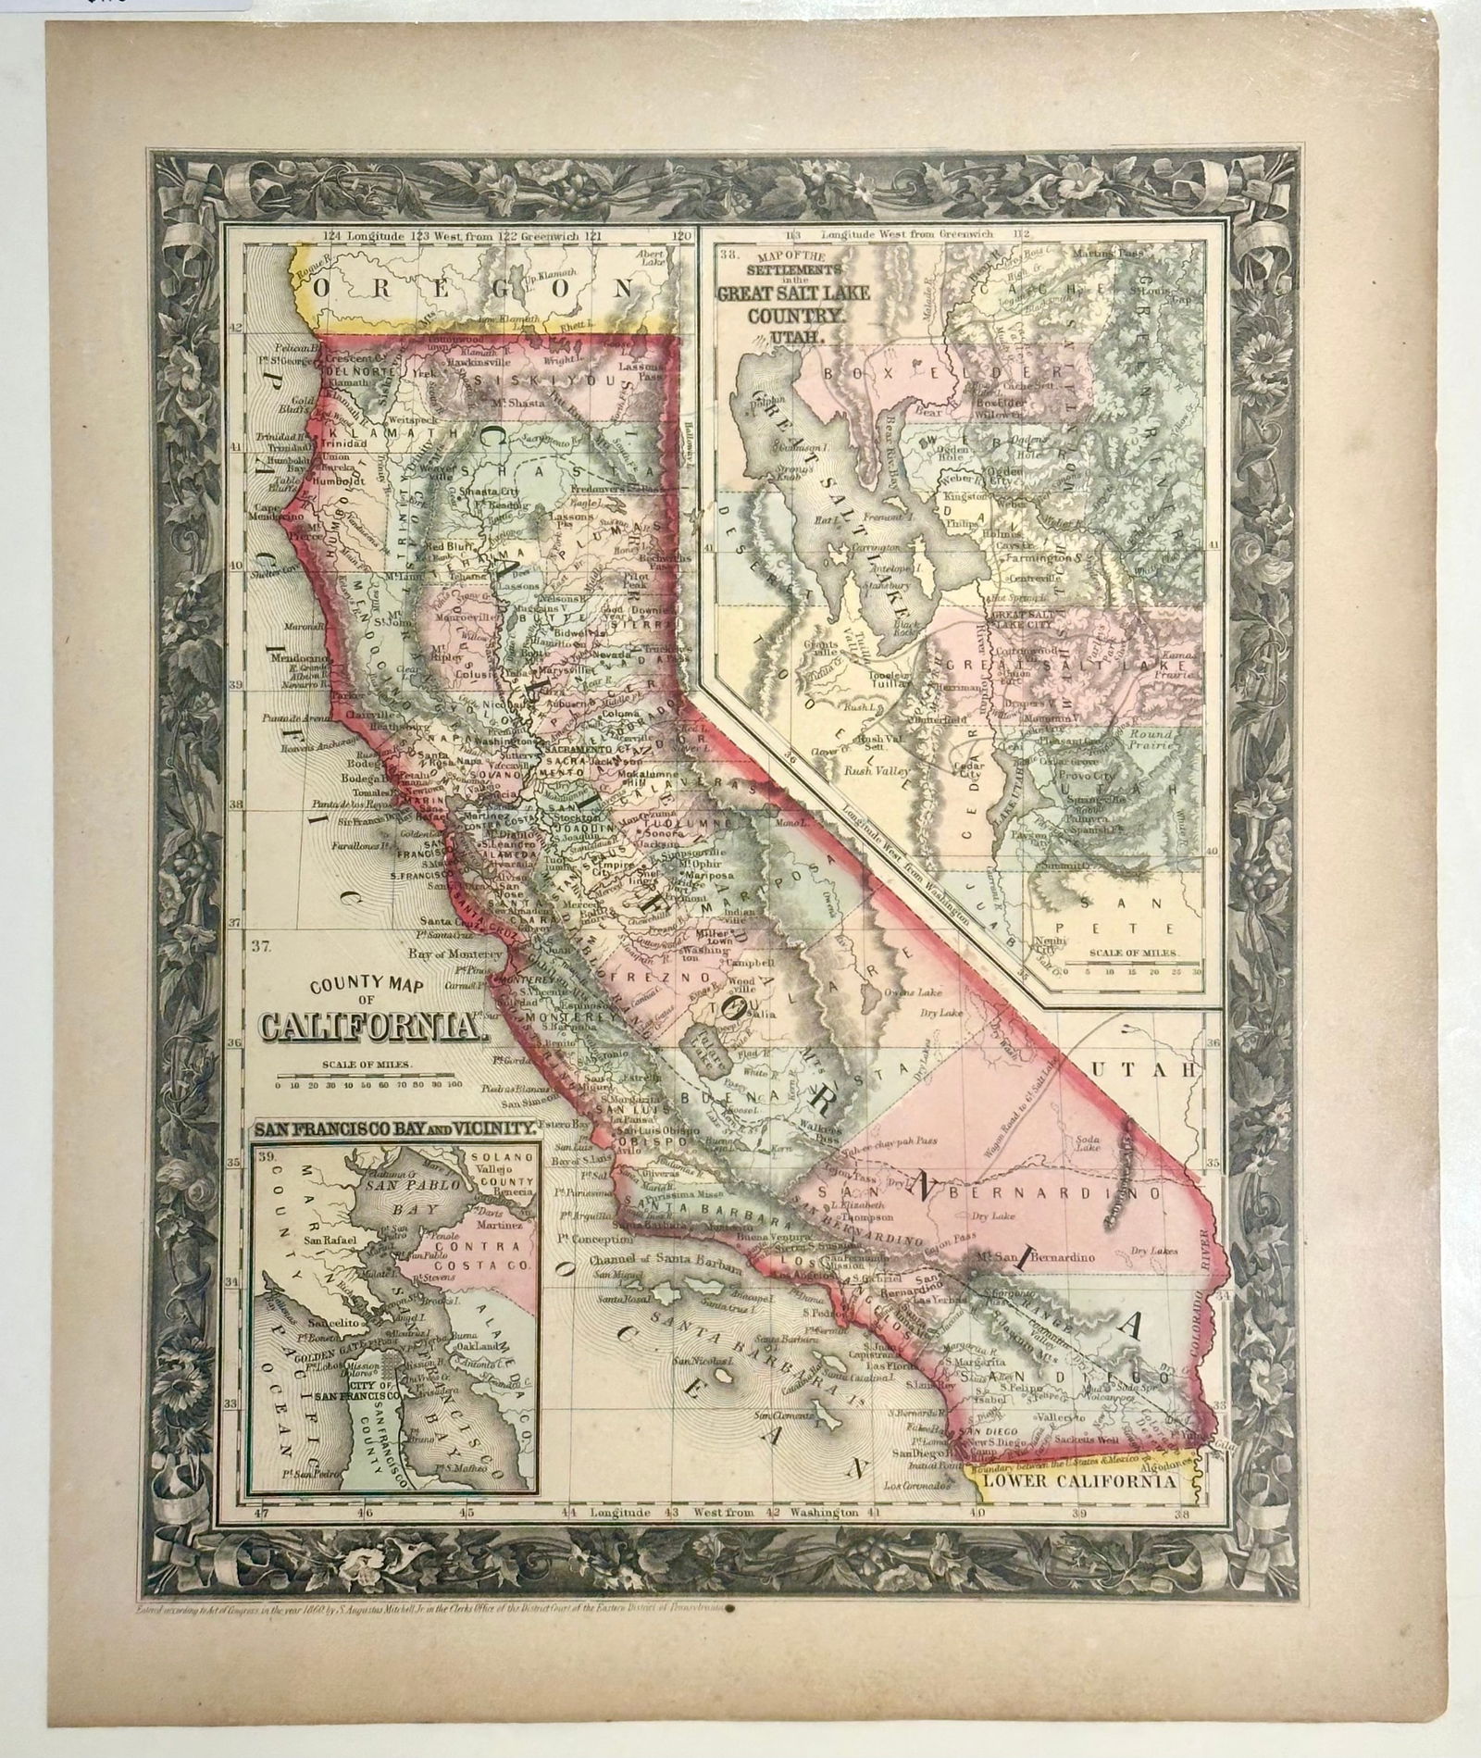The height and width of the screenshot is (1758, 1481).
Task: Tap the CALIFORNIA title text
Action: (x=370, y=1026)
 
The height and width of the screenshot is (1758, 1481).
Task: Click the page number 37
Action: (x=261, y=945)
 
